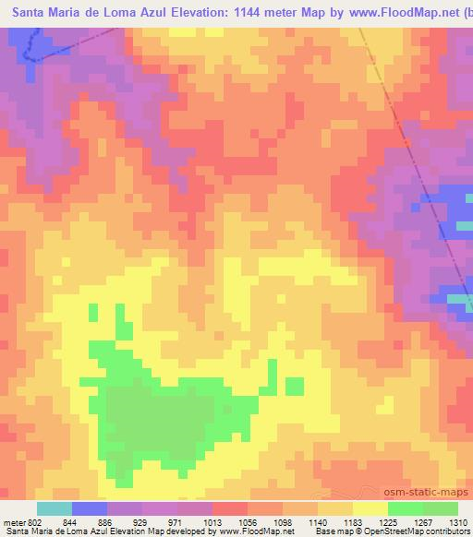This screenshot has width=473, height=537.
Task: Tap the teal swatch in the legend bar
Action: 55,509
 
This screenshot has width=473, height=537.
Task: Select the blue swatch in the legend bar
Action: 90,509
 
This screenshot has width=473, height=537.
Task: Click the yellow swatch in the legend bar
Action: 370,509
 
